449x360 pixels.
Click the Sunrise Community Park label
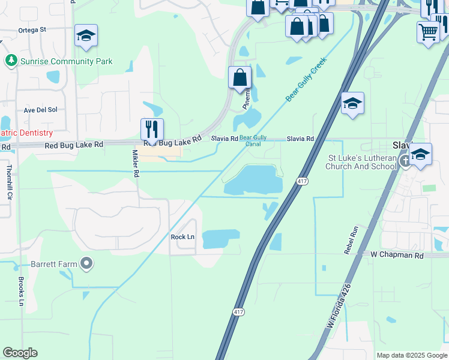66,61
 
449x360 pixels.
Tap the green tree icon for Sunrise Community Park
11,61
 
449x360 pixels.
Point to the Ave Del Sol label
40,110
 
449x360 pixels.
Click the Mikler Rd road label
136,164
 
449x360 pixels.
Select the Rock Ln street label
182,237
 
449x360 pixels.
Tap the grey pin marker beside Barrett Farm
86,263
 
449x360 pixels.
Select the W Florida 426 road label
339,306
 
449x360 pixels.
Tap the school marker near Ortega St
86,36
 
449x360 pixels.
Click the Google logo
20,353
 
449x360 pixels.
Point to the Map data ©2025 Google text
411,355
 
